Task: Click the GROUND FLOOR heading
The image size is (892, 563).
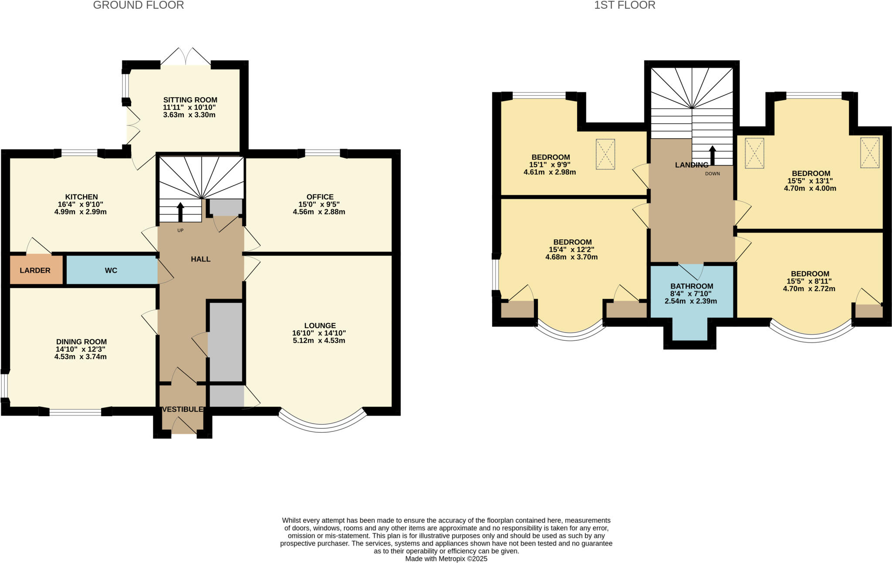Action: [x=139, y=5]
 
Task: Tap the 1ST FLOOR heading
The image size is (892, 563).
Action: [x=625, y=5]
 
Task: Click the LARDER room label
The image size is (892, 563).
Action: [x=35, y=270]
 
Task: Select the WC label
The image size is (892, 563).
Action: [x=111, y=270]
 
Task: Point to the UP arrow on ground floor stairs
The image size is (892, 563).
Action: [x=180, y=212]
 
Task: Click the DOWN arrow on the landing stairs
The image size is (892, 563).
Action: [x=713, y=156]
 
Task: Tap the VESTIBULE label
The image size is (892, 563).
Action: [x=182, y=409]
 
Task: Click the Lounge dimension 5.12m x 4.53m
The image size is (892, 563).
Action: [x=319, y=340]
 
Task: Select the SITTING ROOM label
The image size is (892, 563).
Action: [x=190, y=100]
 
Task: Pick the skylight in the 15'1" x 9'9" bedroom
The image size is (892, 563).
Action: [x=605, y=154]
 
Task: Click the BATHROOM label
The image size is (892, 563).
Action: [x=691, y=286]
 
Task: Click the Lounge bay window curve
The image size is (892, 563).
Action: [x=322, y=427]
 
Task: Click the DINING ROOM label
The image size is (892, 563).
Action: [x=81, y=342]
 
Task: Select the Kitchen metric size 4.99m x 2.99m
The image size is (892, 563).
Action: [x=81, y=212]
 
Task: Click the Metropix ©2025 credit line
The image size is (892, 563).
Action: [x=446, y=559]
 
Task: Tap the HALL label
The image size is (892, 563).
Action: [x=200, y=259]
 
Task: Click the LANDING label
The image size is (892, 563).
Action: [x=691, y=165]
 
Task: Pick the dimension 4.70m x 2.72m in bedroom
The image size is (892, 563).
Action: [x=809, y=288]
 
